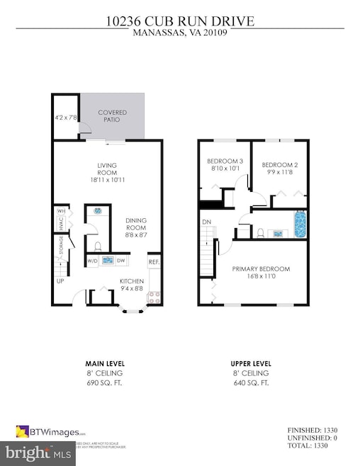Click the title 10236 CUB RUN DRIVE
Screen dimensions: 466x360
tap(180, 21)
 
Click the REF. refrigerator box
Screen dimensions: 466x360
tap(153, 262)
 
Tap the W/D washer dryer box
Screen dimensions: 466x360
tap(92, 261)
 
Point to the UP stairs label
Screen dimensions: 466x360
tap(60, 281)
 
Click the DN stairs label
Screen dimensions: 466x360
tap(206, 222)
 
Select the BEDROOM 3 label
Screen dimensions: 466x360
tap(225, 161)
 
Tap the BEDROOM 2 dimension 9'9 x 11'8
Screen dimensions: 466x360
tap(279, 171)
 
